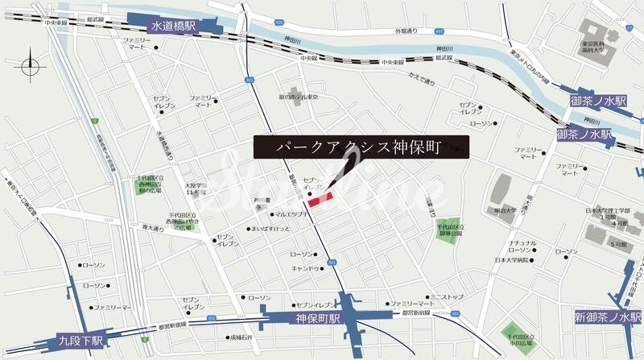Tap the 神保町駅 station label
[314, 319]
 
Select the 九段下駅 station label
[80, 341]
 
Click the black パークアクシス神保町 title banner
[361, 147]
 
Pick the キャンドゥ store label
[306, 268]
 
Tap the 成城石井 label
[241, 337]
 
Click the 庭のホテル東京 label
[298, 97]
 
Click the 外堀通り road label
[407, 31]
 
